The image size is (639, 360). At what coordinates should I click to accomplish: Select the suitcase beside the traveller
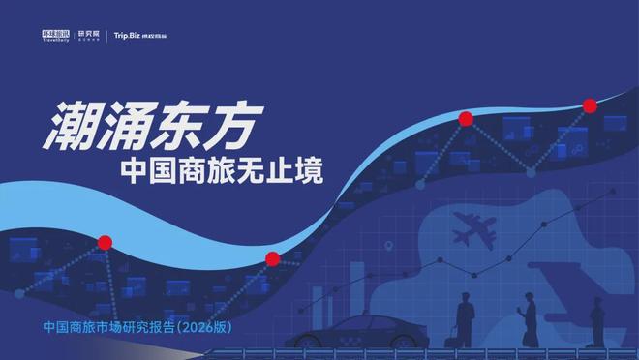pos(452,337)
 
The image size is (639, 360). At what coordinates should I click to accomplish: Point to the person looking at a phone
pos(529,320)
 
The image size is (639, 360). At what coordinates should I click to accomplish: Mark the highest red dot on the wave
pos(589,105)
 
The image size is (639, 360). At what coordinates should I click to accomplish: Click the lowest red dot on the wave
pos(272,258)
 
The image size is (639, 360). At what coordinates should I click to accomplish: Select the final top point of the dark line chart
pos(612,192)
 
